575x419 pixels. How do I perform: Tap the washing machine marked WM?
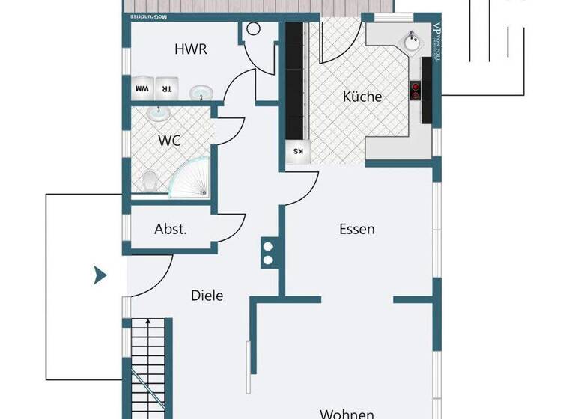[142, 88]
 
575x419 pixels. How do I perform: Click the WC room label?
[169, 140]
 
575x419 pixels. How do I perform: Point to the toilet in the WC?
[150, 180]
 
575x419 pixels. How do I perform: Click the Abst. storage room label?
[170, 230]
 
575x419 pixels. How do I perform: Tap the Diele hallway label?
[207, 296]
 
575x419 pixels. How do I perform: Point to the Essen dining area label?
[356, 230]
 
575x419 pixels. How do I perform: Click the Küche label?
[362, 97]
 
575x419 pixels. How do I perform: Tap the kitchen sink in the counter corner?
[412, 41]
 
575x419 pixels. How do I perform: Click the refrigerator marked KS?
[297, 151]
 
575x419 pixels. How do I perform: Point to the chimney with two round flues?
[267, 253]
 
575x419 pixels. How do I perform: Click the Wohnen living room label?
[347, 412]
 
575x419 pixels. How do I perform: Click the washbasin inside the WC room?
[159, 113]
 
